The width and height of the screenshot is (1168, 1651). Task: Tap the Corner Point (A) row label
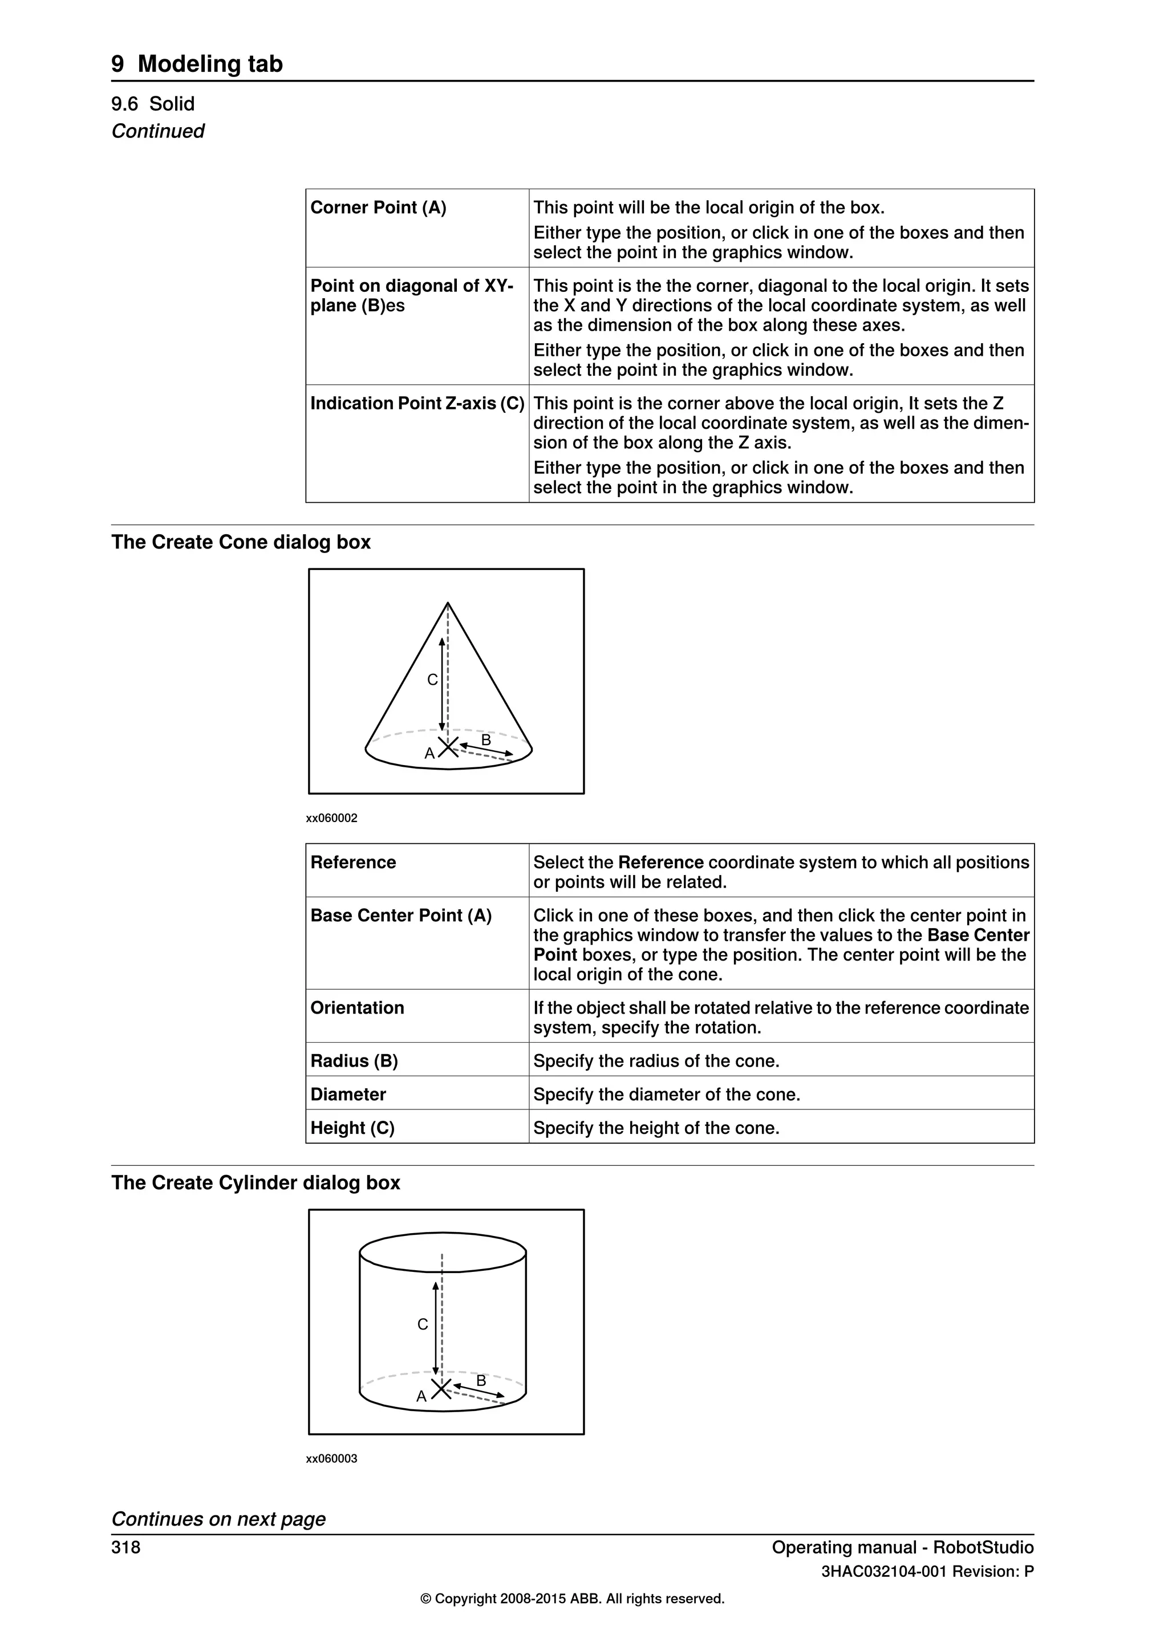tap(378, 208)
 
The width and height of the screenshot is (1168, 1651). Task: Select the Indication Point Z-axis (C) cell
tap(417, 404)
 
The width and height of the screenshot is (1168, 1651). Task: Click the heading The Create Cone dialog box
tap(241, 542)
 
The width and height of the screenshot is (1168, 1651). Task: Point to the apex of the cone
tap(448, 603)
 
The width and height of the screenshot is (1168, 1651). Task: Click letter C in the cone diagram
tap(432, 680)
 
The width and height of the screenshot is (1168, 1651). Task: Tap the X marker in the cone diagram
tap(448, 747)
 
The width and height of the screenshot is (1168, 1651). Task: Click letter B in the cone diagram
tap(486, 740)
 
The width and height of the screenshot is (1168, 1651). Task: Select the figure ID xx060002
tap(331, 818)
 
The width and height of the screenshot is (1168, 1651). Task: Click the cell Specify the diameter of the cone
tap(666, 1095)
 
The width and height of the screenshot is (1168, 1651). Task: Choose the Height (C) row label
tap(352, 1128)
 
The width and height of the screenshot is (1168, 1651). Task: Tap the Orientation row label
tap(358, 1007)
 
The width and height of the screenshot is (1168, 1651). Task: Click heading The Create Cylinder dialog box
tap(255, 1183)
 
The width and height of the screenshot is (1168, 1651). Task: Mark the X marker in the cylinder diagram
tap(441, 1389)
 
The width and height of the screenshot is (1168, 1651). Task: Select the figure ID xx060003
tap(331, 1459)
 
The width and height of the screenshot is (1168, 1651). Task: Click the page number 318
tap(126, 1547)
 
